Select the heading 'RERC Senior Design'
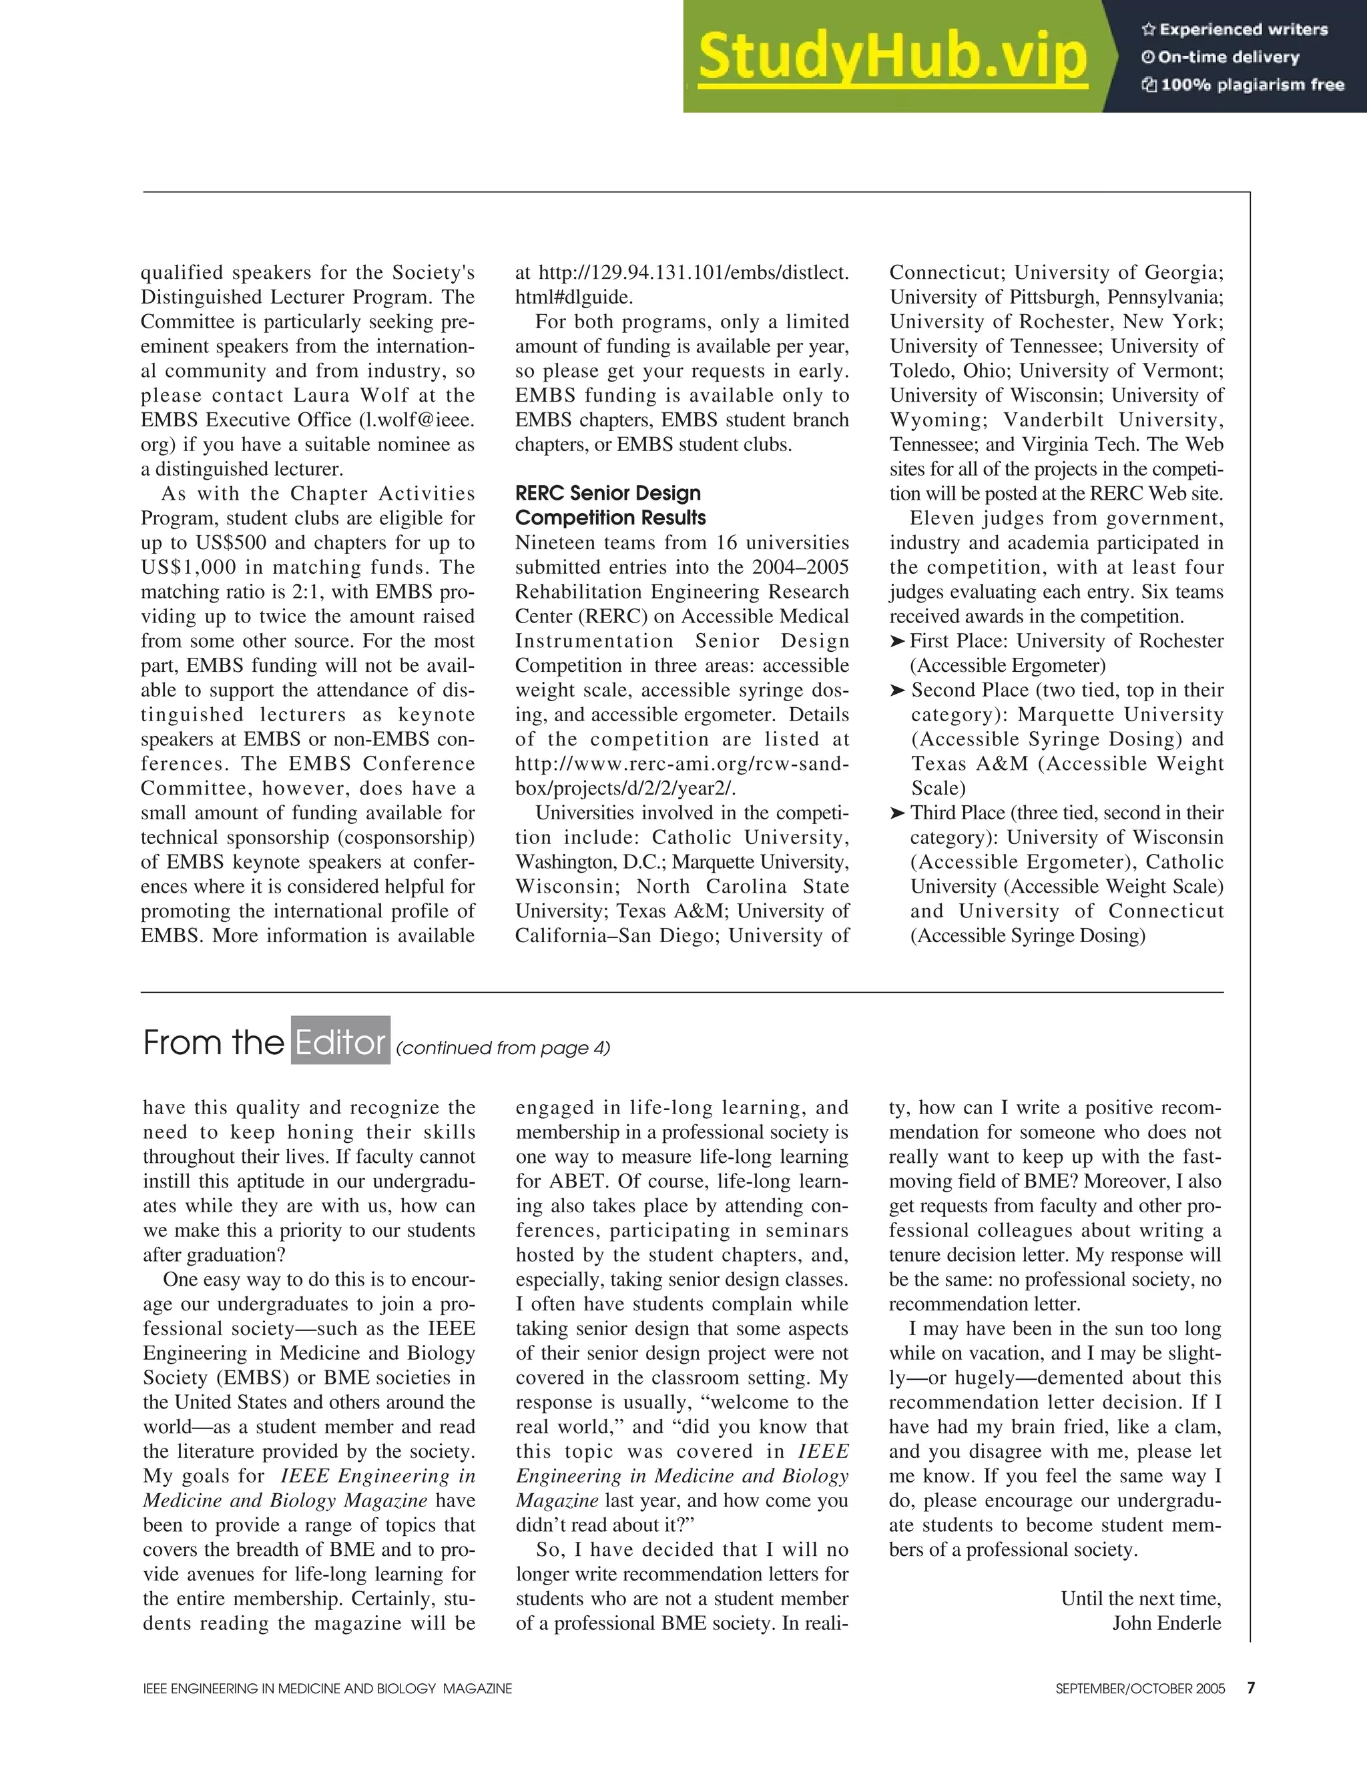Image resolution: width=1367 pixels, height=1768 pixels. click(608, 493)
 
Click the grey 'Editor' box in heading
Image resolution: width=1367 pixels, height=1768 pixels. click(340, 1043)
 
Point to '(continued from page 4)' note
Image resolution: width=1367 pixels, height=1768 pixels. click(503, 1048)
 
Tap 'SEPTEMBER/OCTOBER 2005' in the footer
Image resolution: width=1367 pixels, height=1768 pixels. click(1140, 1689)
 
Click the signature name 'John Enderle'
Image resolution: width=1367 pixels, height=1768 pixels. click(1166, 1623)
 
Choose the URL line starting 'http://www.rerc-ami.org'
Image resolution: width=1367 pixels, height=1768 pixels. click(682, 764)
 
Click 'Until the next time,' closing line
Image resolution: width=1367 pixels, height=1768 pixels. click(1140, 1599)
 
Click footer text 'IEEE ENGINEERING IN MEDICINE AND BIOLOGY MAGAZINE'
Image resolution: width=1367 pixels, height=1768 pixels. click(327, 1689)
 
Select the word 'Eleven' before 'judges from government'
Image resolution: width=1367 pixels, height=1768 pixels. click(942, 519)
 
